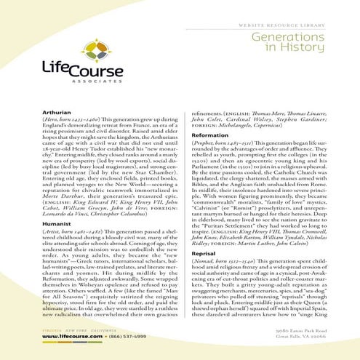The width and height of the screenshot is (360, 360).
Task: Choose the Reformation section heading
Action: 210,135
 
